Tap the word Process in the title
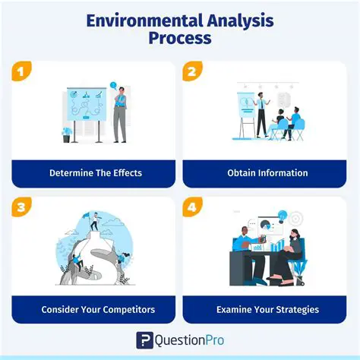(x=180, y=38)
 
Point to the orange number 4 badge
(x=191, y=205)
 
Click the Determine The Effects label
(x=96, y=172)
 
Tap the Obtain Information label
(x=267, y=172)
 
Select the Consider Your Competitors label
(x=96, y=309)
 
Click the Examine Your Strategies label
(x=267, y=309)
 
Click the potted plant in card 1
(x=67, y=134)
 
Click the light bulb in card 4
(x=282, y=216)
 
